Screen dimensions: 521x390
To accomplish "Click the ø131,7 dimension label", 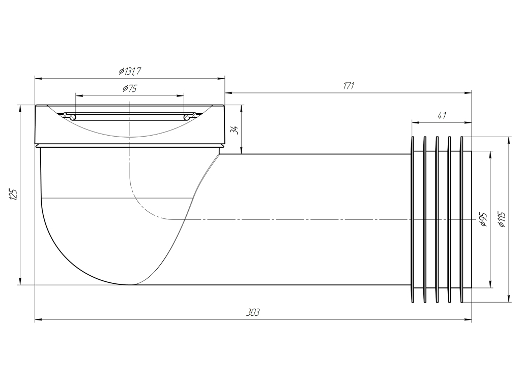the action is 130,71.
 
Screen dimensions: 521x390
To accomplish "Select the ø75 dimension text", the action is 130,88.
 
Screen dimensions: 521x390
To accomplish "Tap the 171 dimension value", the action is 349,86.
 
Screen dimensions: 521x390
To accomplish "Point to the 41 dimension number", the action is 442,115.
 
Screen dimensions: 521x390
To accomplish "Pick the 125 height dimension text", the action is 13,194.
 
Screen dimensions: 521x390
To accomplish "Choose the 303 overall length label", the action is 253,312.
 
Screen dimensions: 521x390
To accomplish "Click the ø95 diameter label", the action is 483,219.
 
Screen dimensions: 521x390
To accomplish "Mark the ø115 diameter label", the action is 502,219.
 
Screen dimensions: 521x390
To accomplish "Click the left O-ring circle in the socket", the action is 73,117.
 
